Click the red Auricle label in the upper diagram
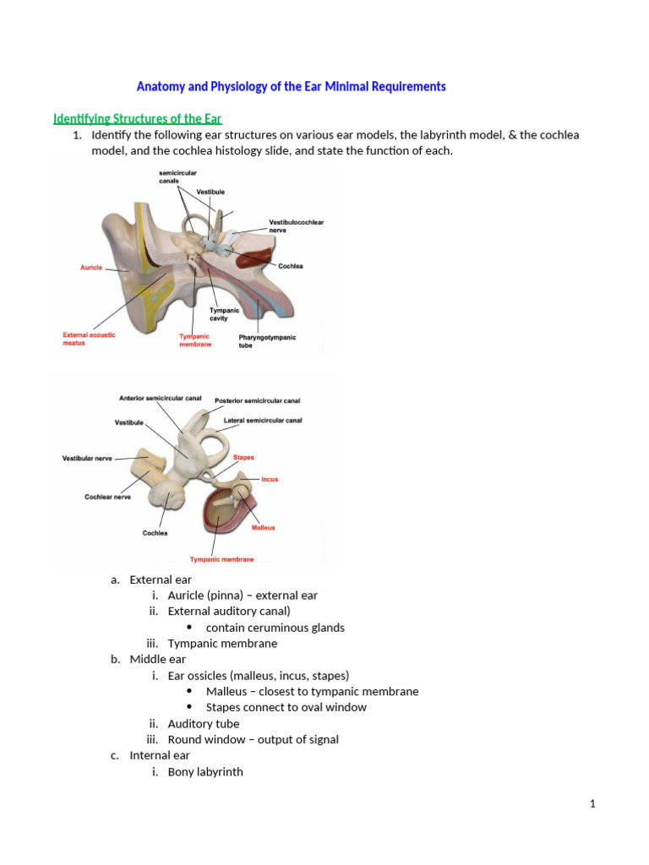tap(91, 268)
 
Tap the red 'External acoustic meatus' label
tap(89, 340)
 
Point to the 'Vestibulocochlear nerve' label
tap(295, 226)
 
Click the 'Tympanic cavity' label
tap(224, 314)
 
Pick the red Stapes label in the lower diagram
tap(243, 458)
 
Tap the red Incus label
tap(269, 479)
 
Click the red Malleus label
tap(263, 528)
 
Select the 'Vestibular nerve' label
tap(87, 459)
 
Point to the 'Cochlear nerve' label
tap(106, 497)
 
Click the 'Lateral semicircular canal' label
tap(262, 420)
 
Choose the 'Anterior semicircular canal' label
tap(160, 398)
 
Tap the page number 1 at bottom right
tap(593, 803)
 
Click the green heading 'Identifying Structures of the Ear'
tap(138, 118)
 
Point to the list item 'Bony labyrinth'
tap(205, 771)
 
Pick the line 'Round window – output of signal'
tap(253, 739)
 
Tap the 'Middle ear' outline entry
tap(157, 659)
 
